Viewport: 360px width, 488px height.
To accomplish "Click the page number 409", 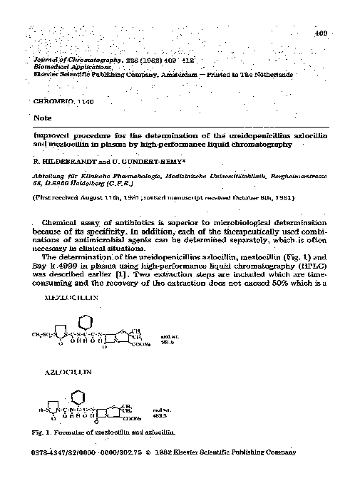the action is tap(319, 33).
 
